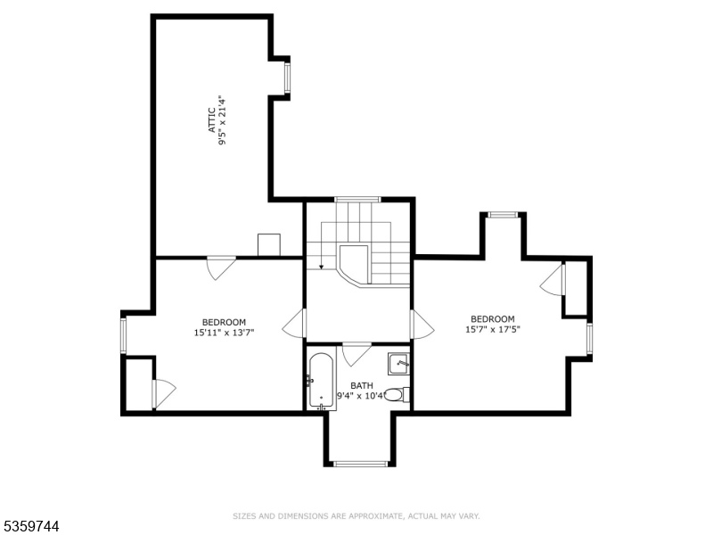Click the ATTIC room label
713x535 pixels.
click(x=211, y=120)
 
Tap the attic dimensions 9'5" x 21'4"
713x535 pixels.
click(x=222, y=120)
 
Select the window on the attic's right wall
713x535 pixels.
click(x=287, y=78)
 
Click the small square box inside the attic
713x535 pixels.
click(x=269, y=245)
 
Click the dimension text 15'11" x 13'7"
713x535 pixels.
click(x=224, y=333)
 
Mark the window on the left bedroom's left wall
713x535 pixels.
click(x=124, y=334)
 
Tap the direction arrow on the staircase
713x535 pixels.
click(x=321, y=264)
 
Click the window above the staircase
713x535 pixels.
click(x=357, y=199)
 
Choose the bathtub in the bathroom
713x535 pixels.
click(x=322, y=381)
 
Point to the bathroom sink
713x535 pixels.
click(x=399, y=364)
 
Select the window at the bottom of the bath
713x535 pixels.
click(x=360, y=463)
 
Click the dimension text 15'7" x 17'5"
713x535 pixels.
click(x=492, y=329)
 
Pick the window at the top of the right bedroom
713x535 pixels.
click(x=504, y=214)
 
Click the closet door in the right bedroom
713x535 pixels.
click(x=553, y=279)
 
